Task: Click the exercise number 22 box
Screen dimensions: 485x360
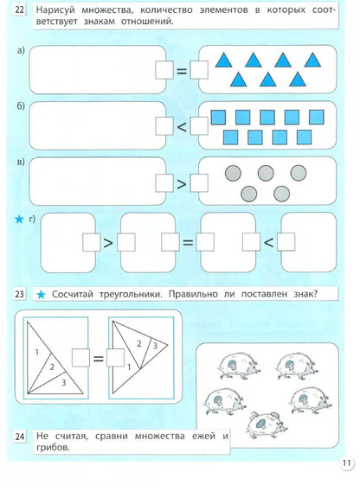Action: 17,10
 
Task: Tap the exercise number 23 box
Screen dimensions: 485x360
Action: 17,296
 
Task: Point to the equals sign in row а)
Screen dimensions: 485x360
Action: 182,72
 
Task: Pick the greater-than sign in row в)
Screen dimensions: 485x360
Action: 182,182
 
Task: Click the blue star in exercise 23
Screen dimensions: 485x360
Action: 41,296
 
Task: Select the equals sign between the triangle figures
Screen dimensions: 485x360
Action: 98,356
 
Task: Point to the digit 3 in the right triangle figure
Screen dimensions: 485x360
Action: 155,346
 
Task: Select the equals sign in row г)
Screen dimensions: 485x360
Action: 183,243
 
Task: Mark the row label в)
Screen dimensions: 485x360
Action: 20,163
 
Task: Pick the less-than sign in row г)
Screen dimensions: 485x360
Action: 268,243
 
